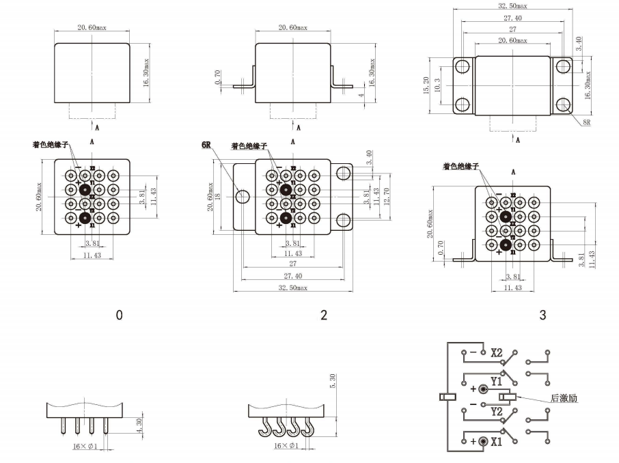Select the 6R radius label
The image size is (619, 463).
206,145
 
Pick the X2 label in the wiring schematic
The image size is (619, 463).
497,353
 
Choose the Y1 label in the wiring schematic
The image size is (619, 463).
497,382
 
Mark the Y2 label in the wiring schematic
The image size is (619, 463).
497,412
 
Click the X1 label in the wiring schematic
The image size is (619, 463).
497,441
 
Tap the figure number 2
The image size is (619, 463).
324,315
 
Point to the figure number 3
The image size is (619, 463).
542,315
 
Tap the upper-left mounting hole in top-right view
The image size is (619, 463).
463,66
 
